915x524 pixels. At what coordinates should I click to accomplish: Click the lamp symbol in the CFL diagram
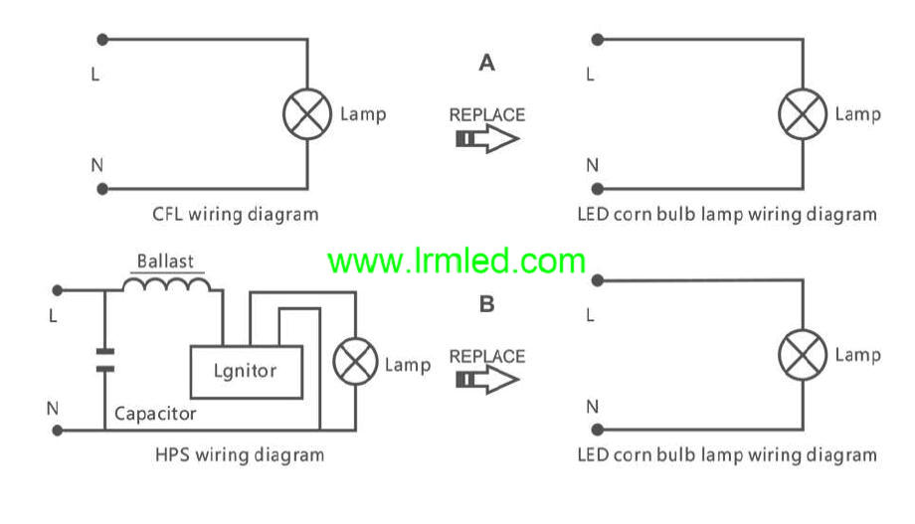[x=307, y=114]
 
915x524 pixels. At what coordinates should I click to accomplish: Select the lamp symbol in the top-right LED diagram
[x=802, y=114]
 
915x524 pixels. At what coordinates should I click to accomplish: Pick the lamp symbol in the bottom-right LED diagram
[x=802, y=355]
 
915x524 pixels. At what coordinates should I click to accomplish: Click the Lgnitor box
[x=246, y=371]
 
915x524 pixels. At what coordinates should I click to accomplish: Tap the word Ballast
[x=165, y=262]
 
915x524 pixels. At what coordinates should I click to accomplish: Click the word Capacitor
[x=155, y=413]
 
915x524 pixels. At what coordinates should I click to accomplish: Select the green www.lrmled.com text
[x=457, y=262]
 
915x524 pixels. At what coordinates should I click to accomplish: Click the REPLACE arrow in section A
[x=487, y=138]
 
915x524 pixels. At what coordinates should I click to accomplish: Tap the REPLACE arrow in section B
[x=487, y=380]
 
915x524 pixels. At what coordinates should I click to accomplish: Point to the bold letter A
[x=486, y=64]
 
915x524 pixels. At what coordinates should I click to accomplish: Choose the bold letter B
[x=486, y=304]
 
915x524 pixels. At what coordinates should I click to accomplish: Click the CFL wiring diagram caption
[x=236, y=214]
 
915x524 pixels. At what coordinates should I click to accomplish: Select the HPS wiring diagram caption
[x=240, y=455]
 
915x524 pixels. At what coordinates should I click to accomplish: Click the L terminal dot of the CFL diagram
[x=101, y=40]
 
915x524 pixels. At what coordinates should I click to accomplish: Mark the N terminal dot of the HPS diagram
[x=58, y=431]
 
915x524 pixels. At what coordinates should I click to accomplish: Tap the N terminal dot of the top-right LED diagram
[x=597, y=188]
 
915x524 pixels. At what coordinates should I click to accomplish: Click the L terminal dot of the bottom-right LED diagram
[x=597, y=281]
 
